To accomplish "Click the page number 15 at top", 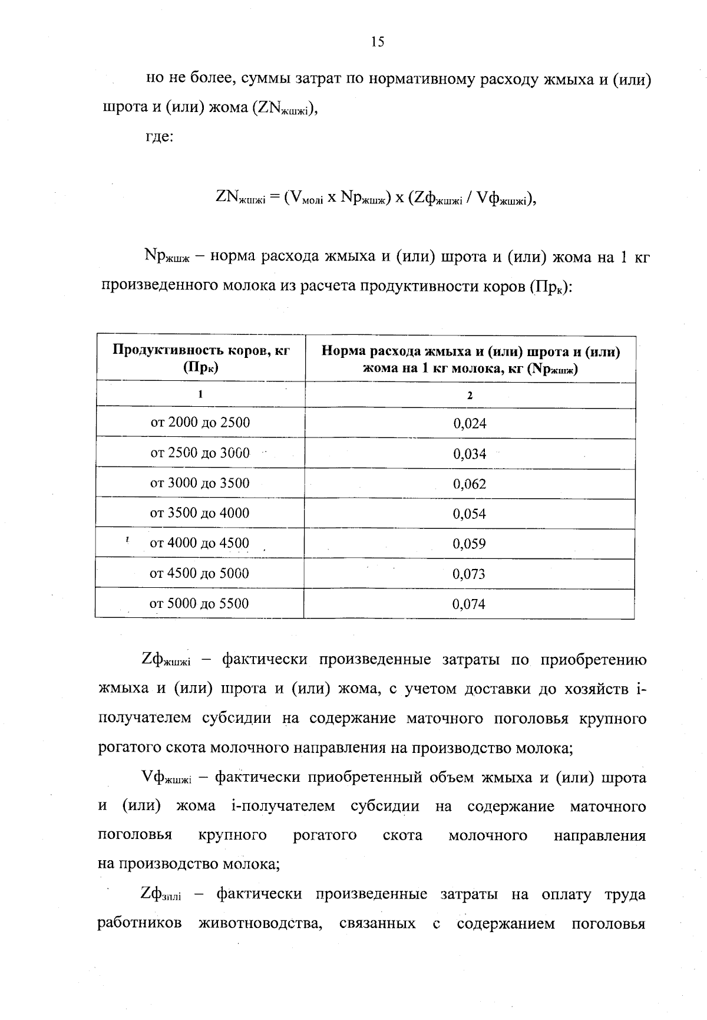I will pyautogui.click(x=378, y=41).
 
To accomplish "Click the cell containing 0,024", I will pyautogui.click(x=470, y=424).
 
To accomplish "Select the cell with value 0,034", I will pyautogui.click(x=470, y=454).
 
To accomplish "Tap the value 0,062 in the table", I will pyautogui.click(x=470, y=485).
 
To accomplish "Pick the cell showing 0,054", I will pyautogui.click(x=470, y=514).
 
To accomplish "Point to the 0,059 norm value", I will pyautogui.click(x=470, y=544).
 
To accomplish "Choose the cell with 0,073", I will pyautogui.click(x=469, y=574).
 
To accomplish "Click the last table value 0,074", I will pyautogui.click(x=469, y=604).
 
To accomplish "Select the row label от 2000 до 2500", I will pyautogui.click(x=200, y=423).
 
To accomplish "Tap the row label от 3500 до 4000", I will pyautogui.click(x=200, y=513).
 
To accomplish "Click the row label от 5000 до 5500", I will pyautogui.click(x=199, y=604).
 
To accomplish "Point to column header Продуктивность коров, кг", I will pyautogui.click(x=201, y=350).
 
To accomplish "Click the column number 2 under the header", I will pyautogui.click(x=470, y=396).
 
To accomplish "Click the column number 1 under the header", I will pyautogui.click(x=200, y=394).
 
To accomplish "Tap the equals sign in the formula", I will pyautogui.click(x=275, y=198).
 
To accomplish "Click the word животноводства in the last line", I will pyautogui.click(x=260, y=923).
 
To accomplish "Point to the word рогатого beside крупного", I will pyautogui.click(x=325, y=835).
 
